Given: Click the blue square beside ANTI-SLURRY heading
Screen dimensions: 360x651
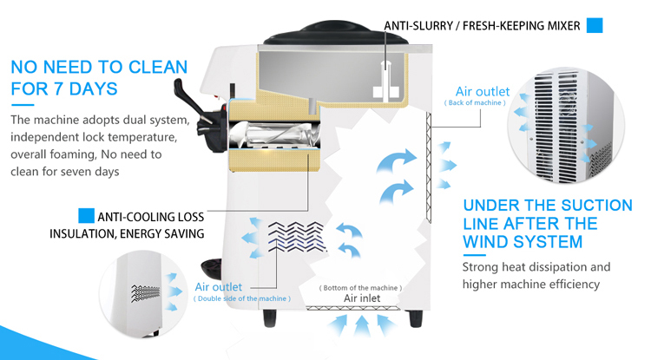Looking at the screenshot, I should coord(595,25).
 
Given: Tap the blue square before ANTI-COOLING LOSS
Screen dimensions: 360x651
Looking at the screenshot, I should coord(86,215).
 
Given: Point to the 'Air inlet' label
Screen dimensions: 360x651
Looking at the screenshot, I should coord(361,298).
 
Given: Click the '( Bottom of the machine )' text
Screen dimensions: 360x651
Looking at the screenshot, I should coord(361,287).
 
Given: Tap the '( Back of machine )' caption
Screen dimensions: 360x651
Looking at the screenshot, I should coord(475,103).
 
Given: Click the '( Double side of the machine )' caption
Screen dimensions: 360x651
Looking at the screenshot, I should coord(242,298).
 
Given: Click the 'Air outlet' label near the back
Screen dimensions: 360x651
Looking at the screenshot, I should coord(483,91).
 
